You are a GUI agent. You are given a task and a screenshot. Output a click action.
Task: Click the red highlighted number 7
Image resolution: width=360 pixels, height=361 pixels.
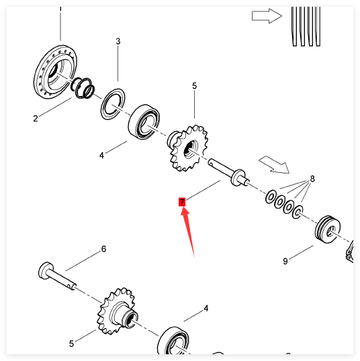click(182, 202)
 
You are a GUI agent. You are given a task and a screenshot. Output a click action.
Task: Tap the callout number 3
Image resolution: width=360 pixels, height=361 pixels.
click(118, 42)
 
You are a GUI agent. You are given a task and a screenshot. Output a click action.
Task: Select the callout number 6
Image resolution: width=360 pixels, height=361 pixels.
click(103, 249)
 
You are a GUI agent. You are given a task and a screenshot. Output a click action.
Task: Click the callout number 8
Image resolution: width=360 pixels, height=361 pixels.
click(312, 179)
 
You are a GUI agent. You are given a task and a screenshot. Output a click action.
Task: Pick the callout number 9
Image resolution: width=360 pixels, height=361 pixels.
click(285, 261)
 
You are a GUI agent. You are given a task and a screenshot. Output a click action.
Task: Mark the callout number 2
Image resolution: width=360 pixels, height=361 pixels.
click(35, 118)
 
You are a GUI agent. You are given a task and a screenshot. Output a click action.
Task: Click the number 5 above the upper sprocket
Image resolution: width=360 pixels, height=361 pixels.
click(194, 86)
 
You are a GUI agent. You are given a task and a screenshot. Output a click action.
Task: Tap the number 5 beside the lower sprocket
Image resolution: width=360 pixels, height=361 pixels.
click(71, 344)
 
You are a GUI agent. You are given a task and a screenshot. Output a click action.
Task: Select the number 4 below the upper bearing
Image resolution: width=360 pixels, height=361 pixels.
click(101, 155)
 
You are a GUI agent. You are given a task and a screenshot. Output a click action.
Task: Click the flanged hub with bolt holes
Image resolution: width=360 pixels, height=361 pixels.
click(56, 72)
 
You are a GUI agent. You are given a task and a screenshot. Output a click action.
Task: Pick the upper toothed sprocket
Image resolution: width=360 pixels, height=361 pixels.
click(187, 148)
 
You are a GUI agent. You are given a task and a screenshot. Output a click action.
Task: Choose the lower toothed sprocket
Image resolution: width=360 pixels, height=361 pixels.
click(117, 311)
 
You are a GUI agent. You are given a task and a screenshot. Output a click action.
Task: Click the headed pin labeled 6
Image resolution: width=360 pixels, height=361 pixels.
click(57, 276)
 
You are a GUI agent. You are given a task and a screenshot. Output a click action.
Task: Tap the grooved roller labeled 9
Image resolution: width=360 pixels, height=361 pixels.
click(328, 229)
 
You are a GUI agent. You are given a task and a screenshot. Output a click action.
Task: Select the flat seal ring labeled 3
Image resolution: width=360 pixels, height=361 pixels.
click(113, 104)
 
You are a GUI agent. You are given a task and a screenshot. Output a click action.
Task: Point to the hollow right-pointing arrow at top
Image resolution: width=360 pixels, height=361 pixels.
click(267, 16)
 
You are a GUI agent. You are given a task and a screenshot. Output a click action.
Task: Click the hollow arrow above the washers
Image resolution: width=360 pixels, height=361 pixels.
click(275, 165)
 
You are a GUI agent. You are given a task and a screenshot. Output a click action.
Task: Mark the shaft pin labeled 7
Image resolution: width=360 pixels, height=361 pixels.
click(228, 172)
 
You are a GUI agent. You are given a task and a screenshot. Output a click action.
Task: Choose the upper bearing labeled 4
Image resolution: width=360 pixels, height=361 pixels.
click(144, 122)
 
